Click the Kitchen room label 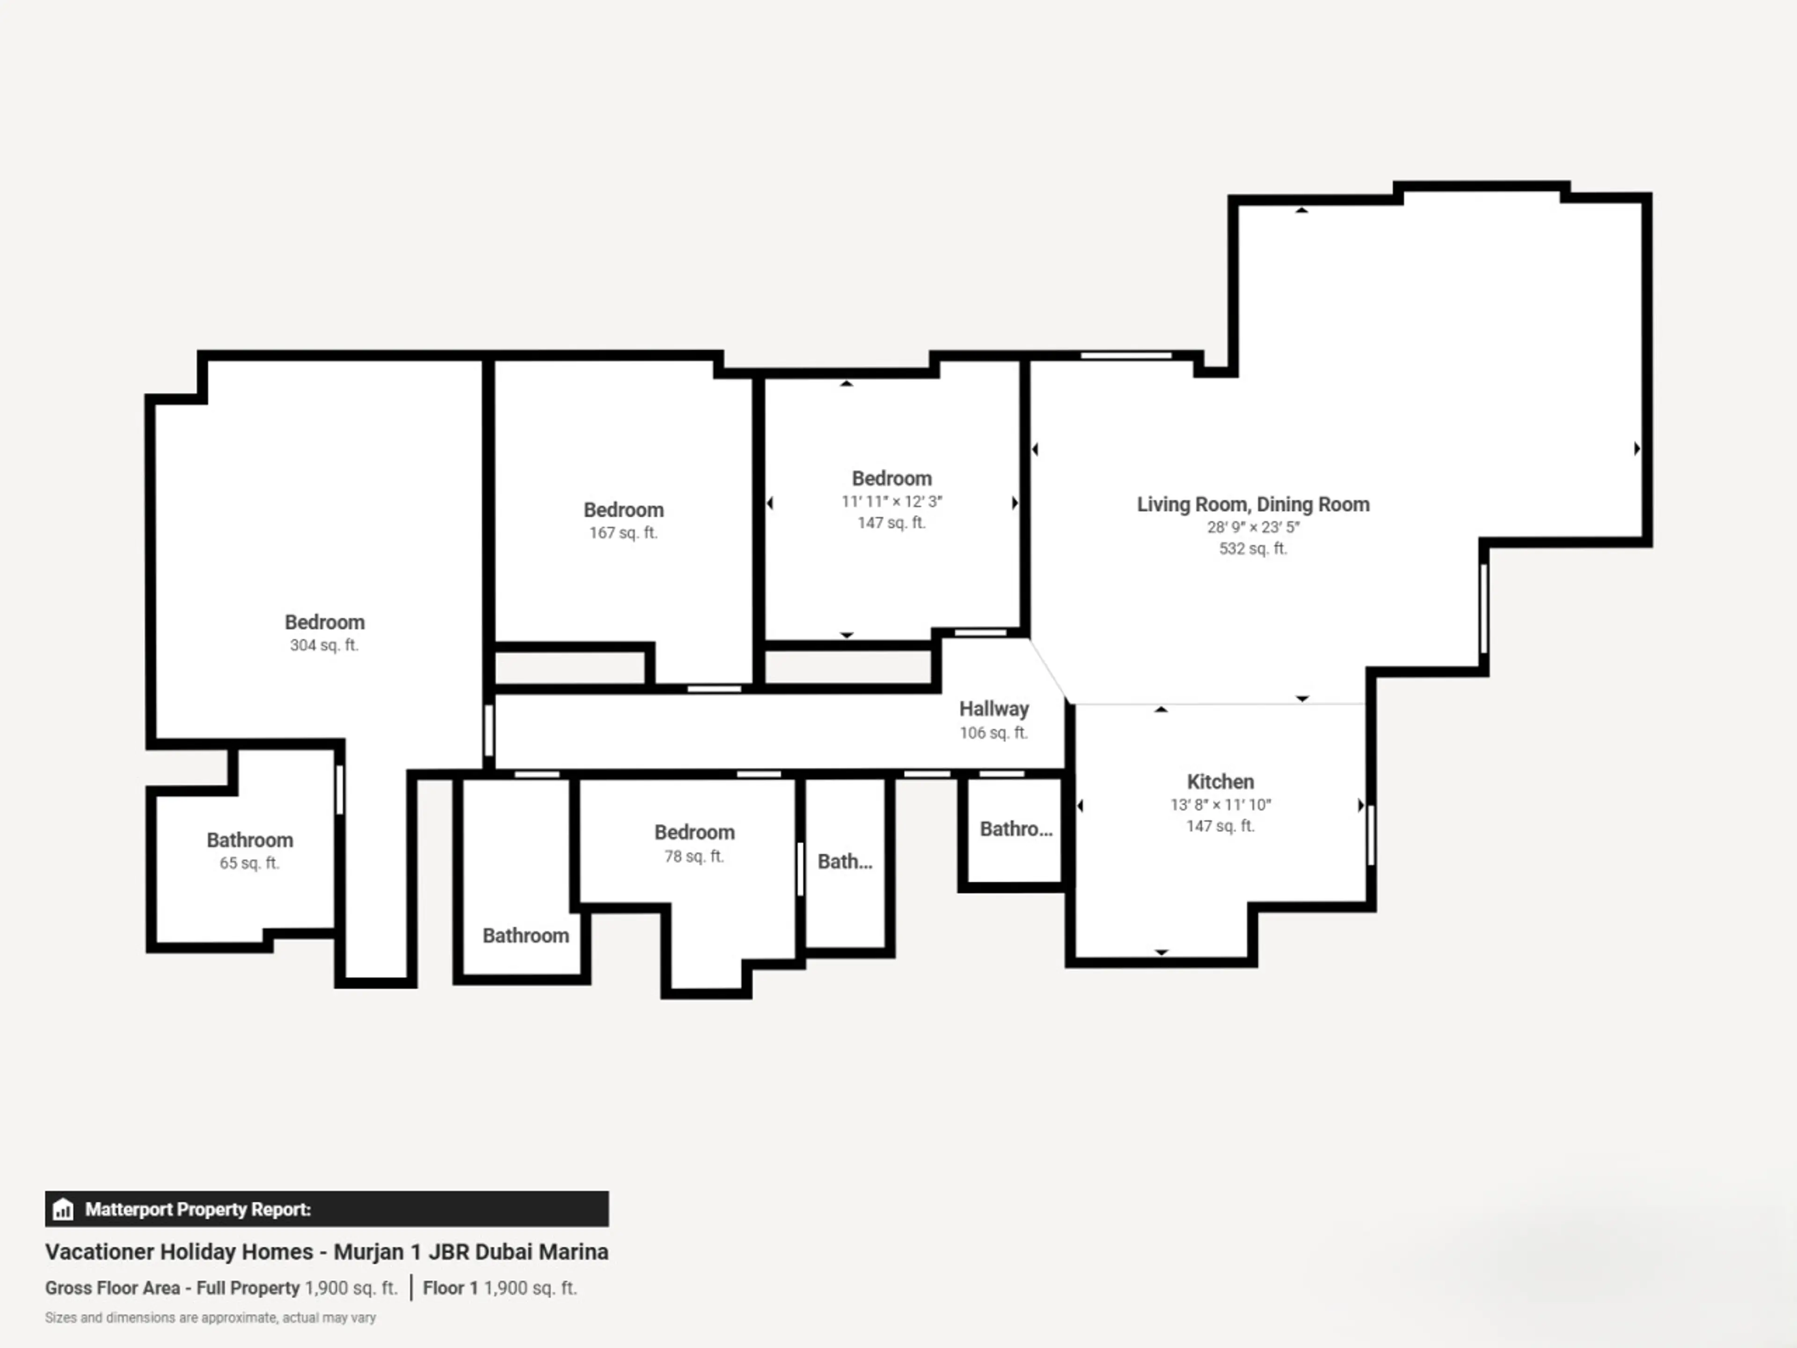pyautogui.click(x=1220, y=782)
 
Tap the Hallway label pyautogui.click(x=993, y=710)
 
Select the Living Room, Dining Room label pyautogui.click(x=1253, y=505)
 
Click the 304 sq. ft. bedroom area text pyautogui.click(x=324, y=645)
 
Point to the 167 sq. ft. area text pyautogui.click(x=623, y=533)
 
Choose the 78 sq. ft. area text pyautogui.click(x=694, y=857)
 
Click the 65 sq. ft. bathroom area pyautogui.click(x=249, y=863)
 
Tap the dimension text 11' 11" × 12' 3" pyautogui.click(x=891, y=501)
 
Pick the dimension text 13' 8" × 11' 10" pyautogui.click(x=1220, y=805)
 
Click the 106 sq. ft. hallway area pyautogui.click(x=993, y=733)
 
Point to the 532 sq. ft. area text pyautogui.click(x=1253, y=549)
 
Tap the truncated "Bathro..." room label pyautogui.click(x=1015, y=829)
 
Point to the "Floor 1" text pyautogui.click(x=450, y=1288)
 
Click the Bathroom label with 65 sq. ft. pyautogui.click(x=249, y=840)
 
